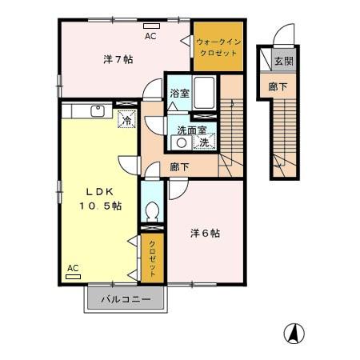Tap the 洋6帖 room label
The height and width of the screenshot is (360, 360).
[205, 233]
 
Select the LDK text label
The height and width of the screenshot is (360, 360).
[101, 191]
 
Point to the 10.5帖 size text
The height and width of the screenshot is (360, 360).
[101, 206]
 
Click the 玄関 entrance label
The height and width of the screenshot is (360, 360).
[282, 60]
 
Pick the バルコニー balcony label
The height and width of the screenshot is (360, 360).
[124, 301]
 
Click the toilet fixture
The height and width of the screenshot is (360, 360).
[151, 210]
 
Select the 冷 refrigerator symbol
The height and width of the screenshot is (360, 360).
[126, 120]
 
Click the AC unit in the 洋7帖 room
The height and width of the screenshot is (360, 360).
[150, 27]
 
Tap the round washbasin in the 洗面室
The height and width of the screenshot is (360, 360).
[182, 142]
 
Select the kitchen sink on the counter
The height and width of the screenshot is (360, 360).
[100, 111]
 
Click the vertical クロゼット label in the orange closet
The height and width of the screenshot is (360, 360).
[152, 256]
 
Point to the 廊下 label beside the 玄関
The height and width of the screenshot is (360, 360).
[278, 86]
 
